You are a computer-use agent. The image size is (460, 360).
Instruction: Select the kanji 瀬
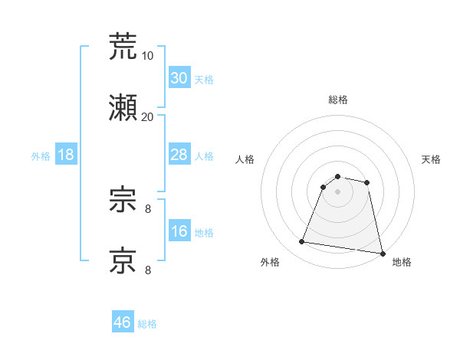tap(123, 109)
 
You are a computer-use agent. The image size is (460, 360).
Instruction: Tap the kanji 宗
tap(123, 201)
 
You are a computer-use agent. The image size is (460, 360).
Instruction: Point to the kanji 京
tap(123, 260)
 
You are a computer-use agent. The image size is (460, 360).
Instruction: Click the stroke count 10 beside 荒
tap(148, 55)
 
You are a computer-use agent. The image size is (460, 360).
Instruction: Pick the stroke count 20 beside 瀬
tap(148, 116)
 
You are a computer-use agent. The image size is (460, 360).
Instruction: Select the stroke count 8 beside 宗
tap(148, 208)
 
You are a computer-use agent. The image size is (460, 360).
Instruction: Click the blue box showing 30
tap(179, 78)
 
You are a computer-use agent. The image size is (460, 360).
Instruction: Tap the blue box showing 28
tap(179, 155)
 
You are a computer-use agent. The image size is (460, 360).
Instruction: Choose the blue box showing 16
tap(179, 231)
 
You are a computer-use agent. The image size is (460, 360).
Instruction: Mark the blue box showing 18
tap(66, 155)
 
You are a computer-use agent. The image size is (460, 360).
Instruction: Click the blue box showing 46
tap(123, 322)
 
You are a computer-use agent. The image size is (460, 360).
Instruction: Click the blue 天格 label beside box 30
tap(204, 80)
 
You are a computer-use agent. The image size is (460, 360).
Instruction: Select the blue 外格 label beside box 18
tap(41, 156)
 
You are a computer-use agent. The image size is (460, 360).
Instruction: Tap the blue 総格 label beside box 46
tap(147, 324)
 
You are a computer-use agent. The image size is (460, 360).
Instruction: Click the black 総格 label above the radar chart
tap(338, 100)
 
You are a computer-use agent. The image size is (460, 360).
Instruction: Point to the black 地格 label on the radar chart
tap(402, 262)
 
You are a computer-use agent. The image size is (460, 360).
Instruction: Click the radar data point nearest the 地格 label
tap(382, 253)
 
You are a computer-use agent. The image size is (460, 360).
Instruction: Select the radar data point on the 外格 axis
tap(302, 242)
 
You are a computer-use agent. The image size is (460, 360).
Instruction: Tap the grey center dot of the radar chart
tap(338, 191)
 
